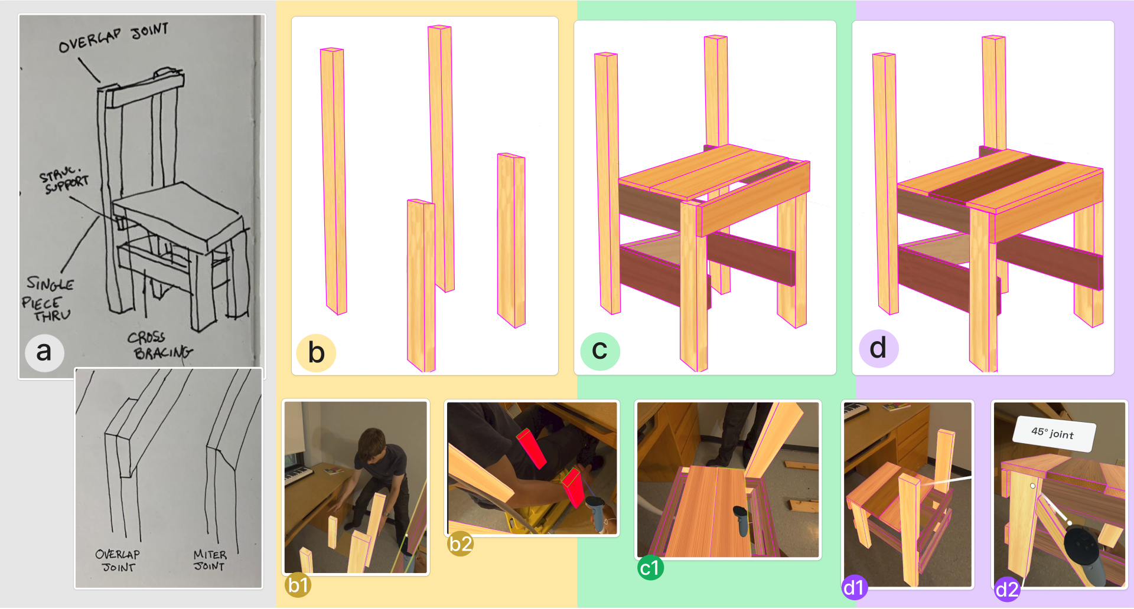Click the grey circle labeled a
44,352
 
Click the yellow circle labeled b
316,353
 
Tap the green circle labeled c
600,351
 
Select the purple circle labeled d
878,348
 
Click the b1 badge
298,585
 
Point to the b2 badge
460,543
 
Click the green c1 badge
650,568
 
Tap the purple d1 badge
854,587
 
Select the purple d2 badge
1007,589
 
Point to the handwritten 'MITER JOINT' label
210,561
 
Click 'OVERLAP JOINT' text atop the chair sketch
114,38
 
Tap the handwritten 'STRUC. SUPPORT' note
64,181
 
